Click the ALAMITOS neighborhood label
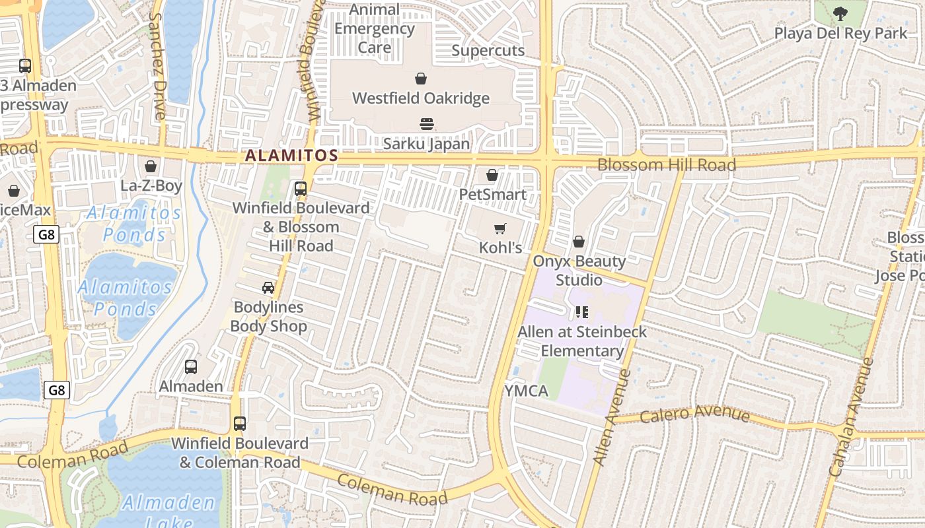click(291, 156)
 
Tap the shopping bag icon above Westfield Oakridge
click(421, 79)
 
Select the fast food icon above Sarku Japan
click(426, 124)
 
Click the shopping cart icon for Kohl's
click(500, 229)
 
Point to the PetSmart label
click(493, 195)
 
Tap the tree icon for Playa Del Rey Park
click(840, 13)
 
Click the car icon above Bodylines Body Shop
click(268, 288)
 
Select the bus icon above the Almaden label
click(191, 367)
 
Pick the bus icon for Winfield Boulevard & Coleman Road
click(240, 424)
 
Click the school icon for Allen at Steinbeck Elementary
click(581, 312)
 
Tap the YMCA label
click(527, 391)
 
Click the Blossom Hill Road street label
click(666, 165)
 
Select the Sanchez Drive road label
click(158, 66)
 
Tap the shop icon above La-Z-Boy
click(151, 166)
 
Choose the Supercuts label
click(488, 51)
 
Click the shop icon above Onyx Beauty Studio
click(579, 242)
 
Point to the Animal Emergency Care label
click(375, 29)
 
